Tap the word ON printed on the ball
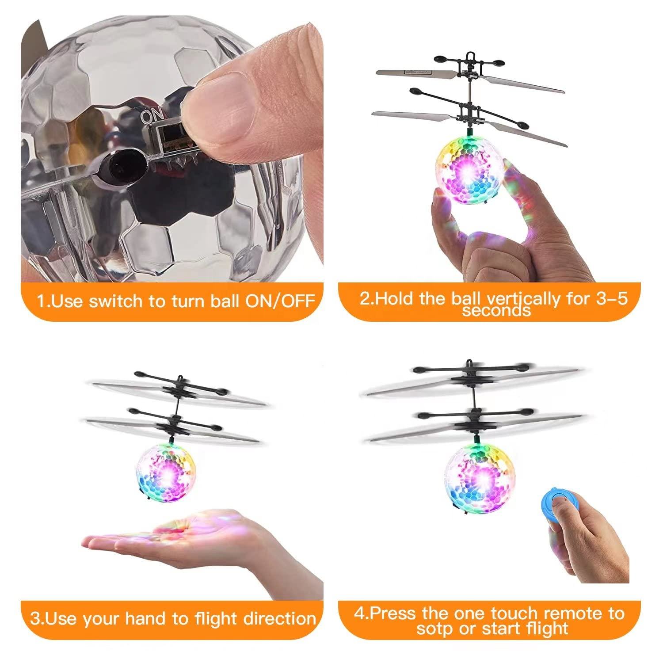151,116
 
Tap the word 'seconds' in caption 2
496,311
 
